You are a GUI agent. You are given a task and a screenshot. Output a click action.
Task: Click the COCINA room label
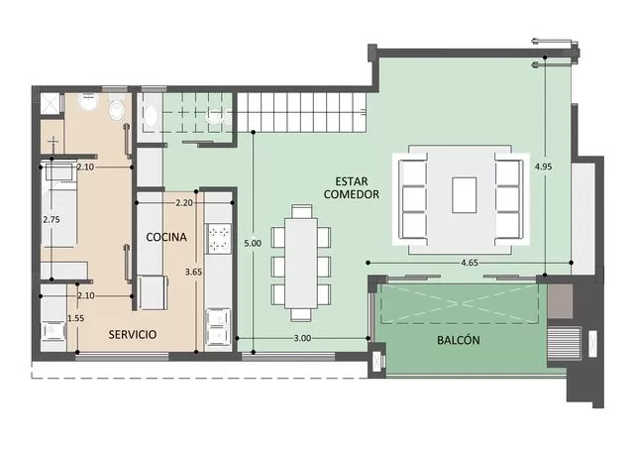point(166,237)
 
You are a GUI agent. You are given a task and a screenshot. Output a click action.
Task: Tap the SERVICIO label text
point(132,335)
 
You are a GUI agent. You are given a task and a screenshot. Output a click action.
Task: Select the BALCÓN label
point(459,340)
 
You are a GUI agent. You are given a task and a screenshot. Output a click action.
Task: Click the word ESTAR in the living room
point(352,181)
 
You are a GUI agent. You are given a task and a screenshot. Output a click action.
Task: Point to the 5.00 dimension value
point(253,243)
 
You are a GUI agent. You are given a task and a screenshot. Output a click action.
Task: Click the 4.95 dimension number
point(544,167)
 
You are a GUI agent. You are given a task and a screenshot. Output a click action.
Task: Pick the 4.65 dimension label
point(470,263)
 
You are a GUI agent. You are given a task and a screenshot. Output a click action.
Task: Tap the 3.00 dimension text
point(302,338)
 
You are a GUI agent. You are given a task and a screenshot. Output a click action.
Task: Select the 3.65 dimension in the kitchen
point(194,272)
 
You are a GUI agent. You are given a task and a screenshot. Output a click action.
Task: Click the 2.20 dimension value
point(184,202)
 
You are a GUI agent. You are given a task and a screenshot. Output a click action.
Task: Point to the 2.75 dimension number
point(52,220)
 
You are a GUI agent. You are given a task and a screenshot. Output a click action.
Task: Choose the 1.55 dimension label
point(76,318)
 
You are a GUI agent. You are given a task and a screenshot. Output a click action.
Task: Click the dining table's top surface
point(301,264)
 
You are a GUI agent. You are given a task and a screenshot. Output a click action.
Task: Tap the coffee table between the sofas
point(465,195)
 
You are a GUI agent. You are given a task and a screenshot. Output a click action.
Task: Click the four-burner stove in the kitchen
point(218,239)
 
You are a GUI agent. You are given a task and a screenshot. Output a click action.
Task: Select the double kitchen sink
point(218,328)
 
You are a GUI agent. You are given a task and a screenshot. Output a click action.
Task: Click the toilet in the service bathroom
point(117,109)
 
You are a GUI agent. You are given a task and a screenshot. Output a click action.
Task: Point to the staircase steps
point(301,112)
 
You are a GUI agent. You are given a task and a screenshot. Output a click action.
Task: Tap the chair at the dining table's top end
point(301,211)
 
